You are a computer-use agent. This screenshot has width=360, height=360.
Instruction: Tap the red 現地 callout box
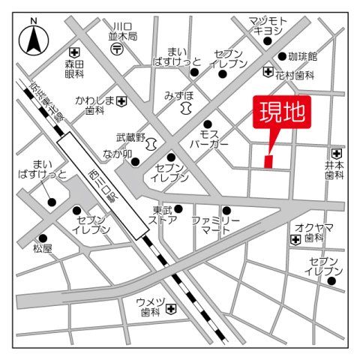pos(282,115)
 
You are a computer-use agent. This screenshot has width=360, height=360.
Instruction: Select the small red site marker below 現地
pos(268,160)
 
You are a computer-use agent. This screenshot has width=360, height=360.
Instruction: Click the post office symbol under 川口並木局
pos(118,49)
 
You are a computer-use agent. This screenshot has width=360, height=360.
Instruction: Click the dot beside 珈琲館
pos(283,56)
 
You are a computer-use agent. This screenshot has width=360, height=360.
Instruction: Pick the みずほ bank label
pos(178,96)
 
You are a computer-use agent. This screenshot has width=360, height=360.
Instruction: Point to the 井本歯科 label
pos(334,169)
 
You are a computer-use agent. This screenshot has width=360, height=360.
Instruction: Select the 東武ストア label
pos(163,214)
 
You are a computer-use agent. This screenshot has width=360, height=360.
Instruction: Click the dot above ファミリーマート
pos(226,210)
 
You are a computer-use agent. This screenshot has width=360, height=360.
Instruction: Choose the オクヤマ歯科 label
pos(313,232)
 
